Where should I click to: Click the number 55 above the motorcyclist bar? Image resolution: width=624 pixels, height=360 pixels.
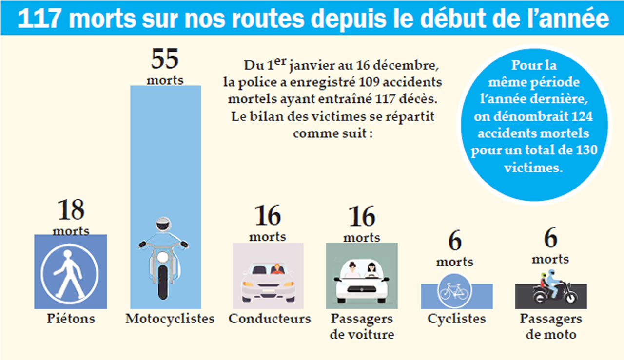pos(165,59)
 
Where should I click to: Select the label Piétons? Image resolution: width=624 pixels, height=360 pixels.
pos(71,319)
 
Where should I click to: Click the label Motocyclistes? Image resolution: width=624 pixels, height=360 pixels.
pos(170,319)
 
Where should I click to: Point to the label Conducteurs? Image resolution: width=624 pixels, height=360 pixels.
pos(270,319)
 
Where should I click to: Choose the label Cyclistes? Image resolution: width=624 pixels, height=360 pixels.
pos(457,319)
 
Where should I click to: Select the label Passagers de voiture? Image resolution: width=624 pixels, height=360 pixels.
pos(362,327)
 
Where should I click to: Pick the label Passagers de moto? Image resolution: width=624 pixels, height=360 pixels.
pos(551,327)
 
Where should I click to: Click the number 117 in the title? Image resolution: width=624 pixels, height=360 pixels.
pos(40,19)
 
